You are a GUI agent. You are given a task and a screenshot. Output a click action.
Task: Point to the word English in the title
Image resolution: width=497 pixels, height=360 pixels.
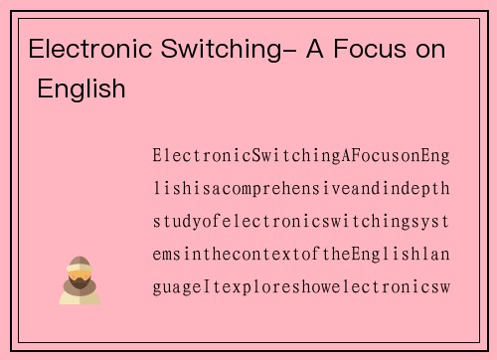(83, 90)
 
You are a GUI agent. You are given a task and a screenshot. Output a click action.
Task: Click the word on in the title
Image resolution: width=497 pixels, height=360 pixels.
(430, 49)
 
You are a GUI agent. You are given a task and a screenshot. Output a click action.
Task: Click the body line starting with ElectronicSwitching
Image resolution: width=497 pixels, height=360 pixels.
(301, 156)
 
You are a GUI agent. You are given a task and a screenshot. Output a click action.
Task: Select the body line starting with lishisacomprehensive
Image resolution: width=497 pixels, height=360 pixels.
(301, 189)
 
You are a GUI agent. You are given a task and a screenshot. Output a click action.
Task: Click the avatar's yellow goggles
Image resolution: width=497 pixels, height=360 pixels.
(81, 271)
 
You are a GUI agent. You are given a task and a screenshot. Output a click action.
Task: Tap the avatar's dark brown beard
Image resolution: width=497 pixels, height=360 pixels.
(80, 286)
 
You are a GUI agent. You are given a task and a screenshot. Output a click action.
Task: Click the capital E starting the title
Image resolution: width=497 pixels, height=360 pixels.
(37, 49)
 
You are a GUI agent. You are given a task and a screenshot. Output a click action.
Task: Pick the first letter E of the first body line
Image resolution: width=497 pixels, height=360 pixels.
(157, 156)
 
